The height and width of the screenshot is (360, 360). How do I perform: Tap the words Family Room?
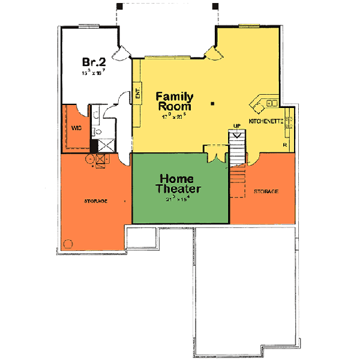coord(175,101)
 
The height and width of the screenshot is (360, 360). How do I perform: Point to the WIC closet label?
coord(76,128)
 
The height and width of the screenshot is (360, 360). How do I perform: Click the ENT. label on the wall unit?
coord(137,94)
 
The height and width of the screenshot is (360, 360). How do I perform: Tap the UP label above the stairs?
coord(237,125)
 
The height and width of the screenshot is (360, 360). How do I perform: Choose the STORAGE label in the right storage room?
coord(266,191)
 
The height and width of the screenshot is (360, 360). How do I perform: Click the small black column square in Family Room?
coord(212,104)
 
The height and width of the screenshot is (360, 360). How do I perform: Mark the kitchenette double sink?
coord(271,103)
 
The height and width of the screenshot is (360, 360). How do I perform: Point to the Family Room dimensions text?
coord(175,117)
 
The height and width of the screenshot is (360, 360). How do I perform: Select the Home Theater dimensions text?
coord(178,198)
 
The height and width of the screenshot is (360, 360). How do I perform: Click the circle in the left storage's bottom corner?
coord(67,244)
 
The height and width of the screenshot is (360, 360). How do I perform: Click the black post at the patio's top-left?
coord(120,6)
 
